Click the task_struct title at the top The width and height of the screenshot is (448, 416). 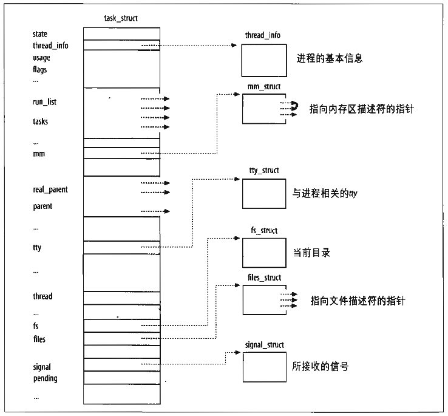click(121, 18)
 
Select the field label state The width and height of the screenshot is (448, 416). click(40, 34)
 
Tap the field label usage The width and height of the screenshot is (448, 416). click(42, 58)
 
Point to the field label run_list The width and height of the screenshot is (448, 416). click(45, 102)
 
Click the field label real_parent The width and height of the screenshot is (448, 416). click(50, 189)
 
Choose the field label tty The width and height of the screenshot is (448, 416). click(37, 247)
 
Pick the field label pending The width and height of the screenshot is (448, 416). click(46, 378)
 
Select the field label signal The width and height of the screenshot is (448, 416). click(42, 367)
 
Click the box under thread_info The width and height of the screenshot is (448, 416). click(263, 60)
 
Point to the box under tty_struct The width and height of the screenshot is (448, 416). click(263, 194)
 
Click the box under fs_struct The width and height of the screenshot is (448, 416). click(263, 252)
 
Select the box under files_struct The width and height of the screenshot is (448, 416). click(263, 299)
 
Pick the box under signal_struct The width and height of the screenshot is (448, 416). click(263, 367)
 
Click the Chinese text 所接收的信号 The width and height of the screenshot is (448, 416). click(321, 367)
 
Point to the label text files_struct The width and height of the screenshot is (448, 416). click(265, 278)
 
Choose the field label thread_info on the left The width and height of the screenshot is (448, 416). click(50, 46)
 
